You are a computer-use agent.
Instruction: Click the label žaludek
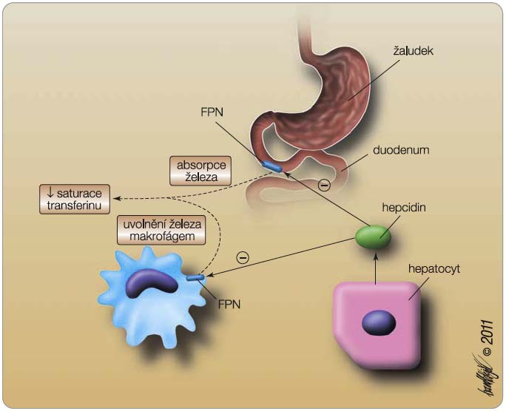[416, 53]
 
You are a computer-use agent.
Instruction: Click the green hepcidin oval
[374, 237]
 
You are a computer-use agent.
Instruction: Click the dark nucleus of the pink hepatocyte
[378, 322]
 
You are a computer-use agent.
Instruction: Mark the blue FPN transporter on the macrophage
[196, 278]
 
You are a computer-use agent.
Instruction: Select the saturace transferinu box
[71, 199]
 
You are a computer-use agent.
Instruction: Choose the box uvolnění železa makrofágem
[160, 231]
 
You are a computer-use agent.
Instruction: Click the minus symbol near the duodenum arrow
[323, 185]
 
